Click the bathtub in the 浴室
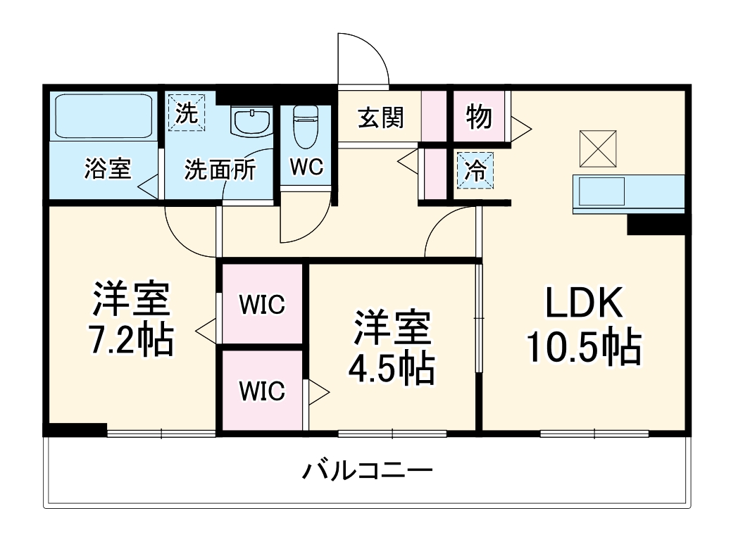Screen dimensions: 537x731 tap(104, 116)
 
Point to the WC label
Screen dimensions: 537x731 tap(306, 168)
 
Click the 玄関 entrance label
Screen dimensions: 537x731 tap(381, 118)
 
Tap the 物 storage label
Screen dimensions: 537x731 tap(479, 117)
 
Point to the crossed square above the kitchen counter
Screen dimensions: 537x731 tap(596, 148)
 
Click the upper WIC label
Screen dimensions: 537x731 tap(261, 305)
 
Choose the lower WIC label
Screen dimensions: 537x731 tap(261, 391)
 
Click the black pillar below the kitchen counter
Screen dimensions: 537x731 tap(655, 224)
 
